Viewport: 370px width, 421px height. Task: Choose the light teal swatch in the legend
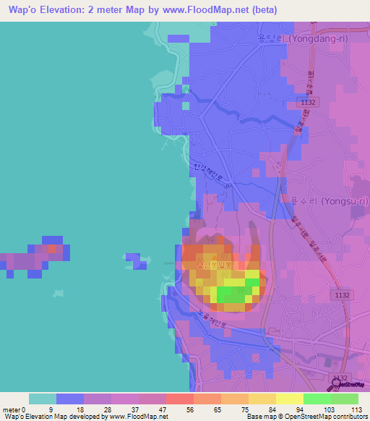43,399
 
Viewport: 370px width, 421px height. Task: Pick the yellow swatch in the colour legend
290,399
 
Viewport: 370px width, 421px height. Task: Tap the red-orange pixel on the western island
53,248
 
